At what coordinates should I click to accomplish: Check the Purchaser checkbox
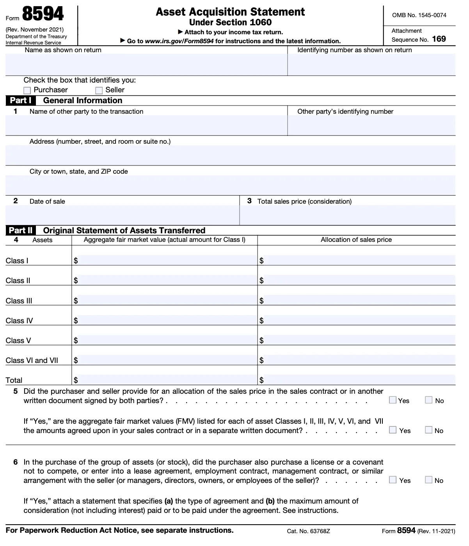(27, 90)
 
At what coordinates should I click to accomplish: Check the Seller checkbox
(99, 90)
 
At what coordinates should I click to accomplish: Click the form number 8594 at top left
(43, 14)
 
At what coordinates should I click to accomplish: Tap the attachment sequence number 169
(439, 39)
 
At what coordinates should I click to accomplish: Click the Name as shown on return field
(146, 65)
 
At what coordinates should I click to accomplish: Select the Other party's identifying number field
(371, 125)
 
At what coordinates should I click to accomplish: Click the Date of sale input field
(122, 215)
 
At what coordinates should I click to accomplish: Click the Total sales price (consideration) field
(347, 215)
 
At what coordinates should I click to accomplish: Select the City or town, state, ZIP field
(230, 185)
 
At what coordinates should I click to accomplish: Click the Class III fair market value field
(167, 300)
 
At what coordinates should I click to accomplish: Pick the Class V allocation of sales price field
(359, 340)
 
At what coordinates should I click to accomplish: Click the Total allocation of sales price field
(359, 380)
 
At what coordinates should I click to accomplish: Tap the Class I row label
(17, 261)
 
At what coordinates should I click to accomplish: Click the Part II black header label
(21, 231)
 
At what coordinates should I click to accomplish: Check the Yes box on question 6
(393, 480)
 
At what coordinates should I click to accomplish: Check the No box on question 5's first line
(429, 400)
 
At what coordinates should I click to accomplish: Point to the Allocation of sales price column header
(356, 240)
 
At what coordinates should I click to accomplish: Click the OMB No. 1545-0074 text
(419, 15)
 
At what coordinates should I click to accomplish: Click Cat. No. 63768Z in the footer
(308, 531)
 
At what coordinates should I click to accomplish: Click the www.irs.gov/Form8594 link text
(179, 41)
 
